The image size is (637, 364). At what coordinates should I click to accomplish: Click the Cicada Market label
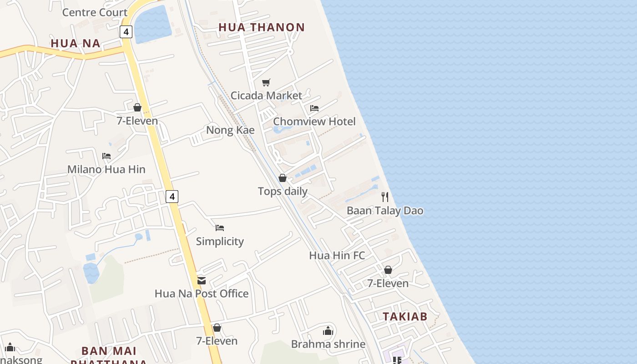click(266, 96)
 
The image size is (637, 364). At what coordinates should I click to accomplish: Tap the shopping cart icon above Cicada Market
click(266, 82)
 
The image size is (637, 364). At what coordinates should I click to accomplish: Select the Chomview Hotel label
click(314, 121)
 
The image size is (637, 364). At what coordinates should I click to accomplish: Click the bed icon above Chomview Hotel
click(314, 108)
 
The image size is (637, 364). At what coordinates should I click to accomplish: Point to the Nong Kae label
click(230, 130)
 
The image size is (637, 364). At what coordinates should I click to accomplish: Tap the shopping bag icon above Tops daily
click(283, 178)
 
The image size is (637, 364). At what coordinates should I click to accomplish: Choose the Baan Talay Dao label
click(385, 211)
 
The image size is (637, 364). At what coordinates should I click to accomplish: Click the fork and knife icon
click(385, 197)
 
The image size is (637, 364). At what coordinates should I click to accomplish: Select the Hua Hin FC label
click(337, 256)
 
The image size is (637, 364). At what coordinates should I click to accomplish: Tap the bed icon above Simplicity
click(220, 228)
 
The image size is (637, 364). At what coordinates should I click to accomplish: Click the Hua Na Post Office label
click(202, 293)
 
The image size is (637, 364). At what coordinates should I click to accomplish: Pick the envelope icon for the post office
click(202, 281)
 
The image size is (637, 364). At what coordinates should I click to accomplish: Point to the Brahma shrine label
click(328, 344)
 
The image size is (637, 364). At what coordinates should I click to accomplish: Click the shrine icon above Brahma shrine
click(328, 331)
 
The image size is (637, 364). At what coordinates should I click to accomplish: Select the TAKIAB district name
click(404, 317)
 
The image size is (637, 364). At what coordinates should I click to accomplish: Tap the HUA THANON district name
click(261, 27)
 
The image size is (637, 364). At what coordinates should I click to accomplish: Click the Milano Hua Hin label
click(106, 169)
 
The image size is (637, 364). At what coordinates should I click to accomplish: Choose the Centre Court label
click(95, 12)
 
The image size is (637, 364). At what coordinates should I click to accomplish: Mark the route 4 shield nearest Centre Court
click(126, 32)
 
